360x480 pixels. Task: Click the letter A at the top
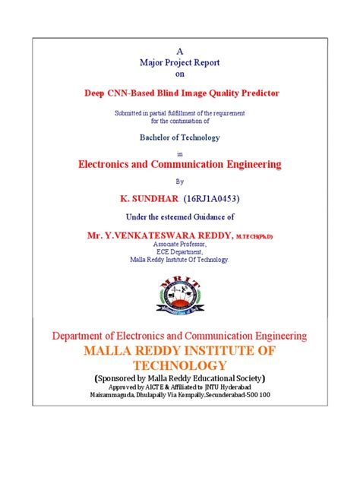click(180, 49)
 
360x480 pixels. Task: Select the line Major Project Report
click(180, 62)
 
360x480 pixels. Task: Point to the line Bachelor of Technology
click(180, 137)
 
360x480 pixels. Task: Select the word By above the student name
click(180, 182)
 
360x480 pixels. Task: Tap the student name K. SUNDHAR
click(148, 197)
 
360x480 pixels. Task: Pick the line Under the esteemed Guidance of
click(180, 216)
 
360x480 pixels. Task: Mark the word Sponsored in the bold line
click(120, 377)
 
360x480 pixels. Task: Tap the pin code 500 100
click(256, 396)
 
